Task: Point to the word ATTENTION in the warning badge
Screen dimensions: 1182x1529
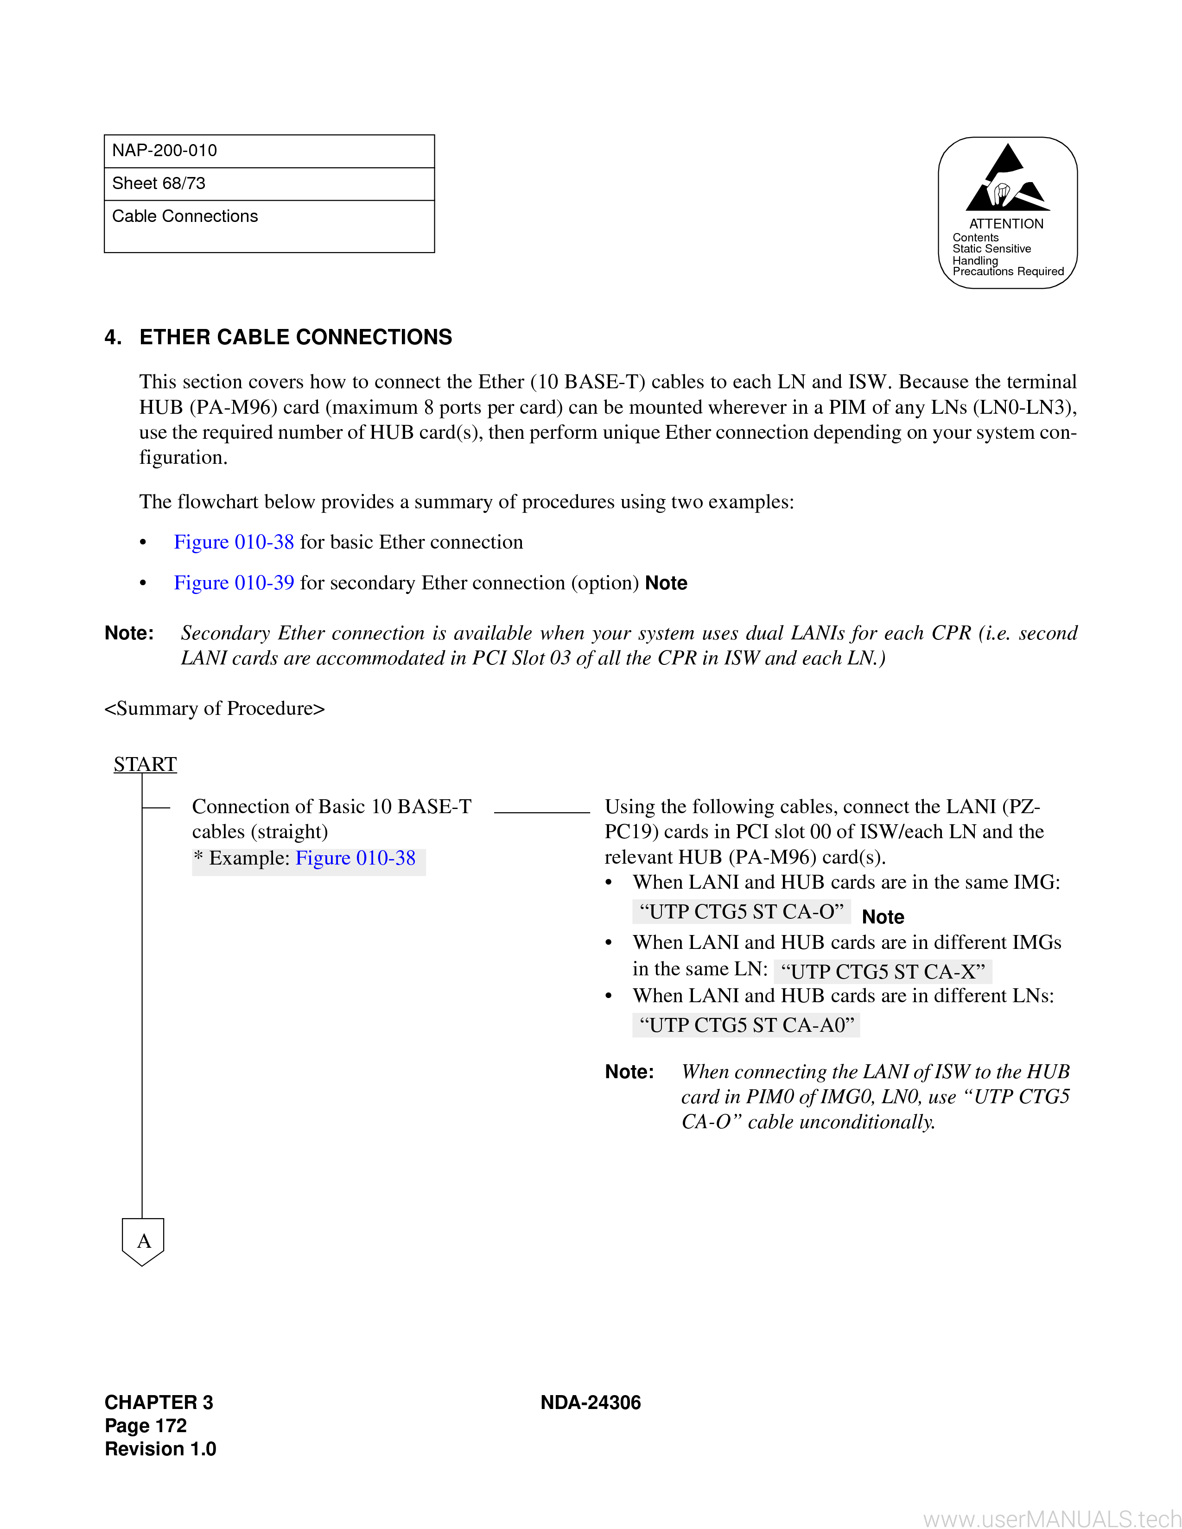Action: pos(1006,224)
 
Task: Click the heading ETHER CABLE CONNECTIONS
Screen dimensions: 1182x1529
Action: pos(296,337)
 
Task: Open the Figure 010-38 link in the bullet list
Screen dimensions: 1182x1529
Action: pos(234,543)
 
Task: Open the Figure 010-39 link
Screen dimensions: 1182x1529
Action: pos(234,583)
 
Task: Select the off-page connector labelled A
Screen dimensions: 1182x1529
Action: pos(143,1242)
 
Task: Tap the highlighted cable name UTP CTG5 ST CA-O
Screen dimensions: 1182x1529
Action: pos(742,911)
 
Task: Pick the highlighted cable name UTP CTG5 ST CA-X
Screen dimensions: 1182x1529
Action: pos(883,972)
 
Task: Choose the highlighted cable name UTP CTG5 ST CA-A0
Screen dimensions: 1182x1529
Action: pos(746,1026)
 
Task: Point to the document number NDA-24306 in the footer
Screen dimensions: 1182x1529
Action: pos(591,1403)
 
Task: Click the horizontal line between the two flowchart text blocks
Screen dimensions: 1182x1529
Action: pos(542,812)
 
